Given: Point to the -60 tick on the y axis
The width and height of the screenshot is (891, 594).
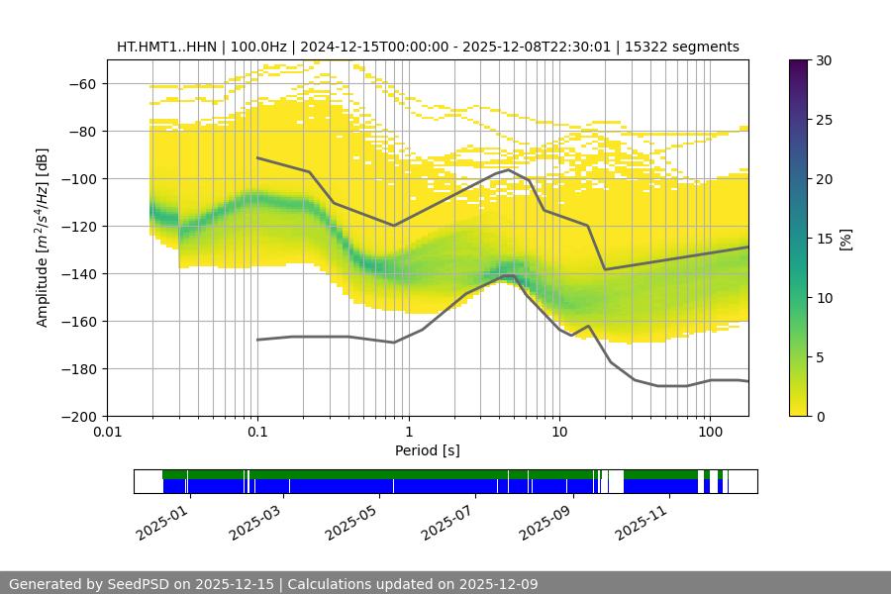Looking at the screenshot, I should [x=81, y=84].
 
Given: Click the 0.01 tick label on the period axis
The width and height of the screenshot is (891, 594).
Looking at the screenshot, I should [x=107, y=433].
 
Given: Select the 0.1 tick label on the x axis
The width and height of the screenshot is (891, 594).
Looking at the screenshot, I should [x=257, y=433].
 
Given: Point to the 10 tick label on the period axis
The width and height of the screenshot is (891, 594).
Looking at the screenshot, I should [x=559, y=433].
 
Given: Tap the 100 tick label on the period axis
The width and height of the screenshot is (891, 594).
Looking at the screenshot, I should [x=710, y=433].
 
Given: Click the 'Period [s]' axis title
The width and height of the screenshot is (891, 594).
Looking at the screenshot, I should [x=428, y=450].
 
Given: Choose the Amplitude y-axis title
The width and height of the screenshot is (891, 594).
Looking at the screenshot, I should [x=43, y=238].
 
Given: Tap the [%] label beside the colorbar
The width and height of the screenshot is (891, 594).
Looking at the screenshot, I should [x=845, y=239].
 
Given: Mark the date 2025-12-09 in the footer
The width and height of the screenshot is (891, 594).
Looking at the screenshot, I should [x=492, y=584].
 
